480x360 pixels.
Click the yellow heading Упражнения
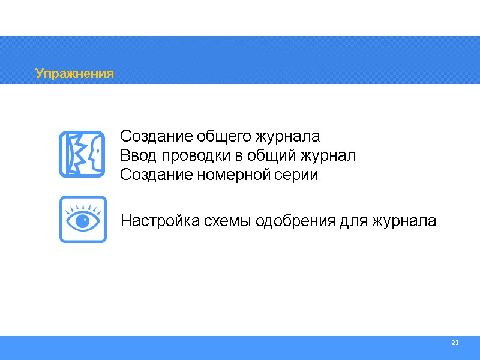(74, 74)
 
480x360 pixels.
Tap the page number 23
(455, 343)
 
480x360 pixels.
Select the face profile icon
(83, 155)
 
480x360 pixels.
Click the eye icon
(83, 219)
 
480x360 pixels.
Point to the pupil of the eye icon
(83, 221)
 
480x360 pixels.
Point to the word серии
(297, 176)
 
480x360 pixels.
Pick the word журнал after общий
(326, 156)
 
